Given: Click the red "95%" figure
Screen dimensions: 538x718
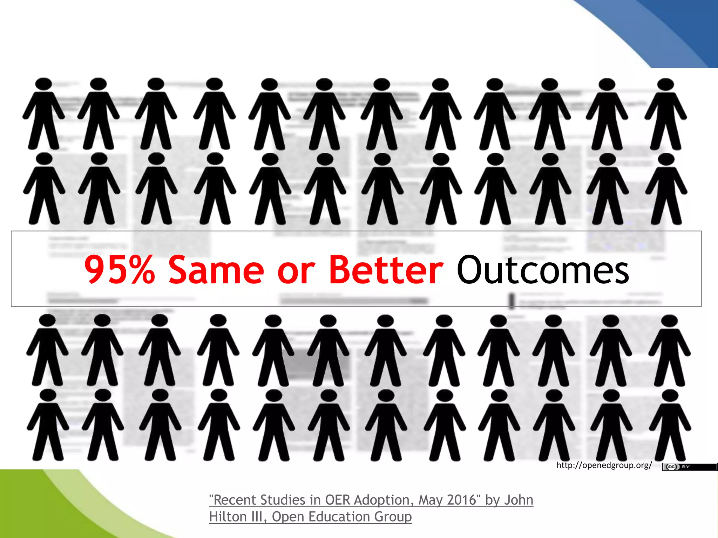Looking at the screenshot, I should [x=119, y=269].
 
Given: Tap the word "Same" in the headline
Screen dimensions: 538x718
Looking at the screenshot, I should [x=216, y=269].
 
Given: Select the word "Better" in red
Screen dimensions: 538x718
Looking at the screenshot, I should [x=386, y=269].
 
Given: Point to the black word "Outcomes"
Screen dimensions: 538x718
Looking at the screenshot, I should [x=543, y=269].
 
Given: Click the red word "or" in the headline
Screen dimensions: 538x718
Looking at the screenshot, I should [x=296, y=271].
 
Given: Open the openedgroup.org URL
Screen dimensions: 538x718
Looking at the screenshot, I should [x=604, y=465].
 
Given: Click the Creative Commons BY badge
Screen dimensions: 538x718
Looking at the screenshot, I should [x=689, y=467].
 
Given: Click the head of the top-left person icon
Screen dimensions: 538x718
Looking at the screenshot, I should [x=43, y=84].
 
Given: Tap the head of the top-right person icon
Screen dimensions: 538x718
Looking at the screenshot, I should [x=665, y=84].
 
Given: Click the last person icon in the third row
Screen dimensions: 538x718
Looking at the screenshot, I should [x=670, y=350].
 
